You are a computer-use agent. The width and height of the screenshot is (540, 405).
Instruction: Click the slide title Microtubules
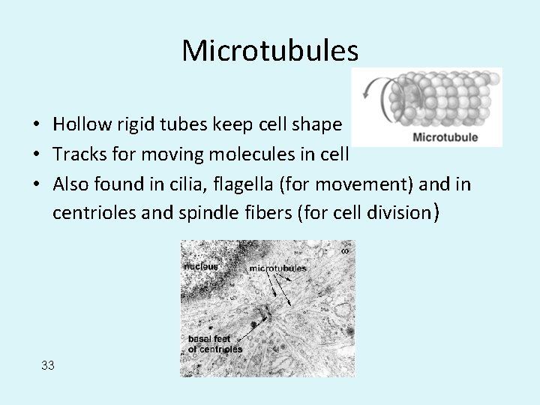270,50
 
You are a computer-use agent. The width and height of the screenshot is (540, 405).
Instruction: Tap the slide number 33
48,365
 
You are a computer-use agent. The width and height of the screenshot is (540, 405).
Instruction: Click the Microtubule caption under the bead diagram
445,137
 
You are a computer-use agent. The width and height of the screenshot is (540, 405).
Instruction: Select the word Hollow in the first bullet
79,124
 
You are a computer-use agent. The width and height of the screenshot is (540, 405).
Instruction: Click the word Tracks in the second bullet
76,154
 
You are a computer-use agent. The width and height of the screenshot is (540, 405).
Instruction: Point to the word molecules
253,154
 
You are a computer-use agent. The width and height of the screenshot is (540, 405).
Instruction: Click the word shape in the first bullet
319,124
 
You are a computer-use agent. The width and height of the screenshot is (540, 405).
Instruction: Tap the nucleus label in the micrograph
200,266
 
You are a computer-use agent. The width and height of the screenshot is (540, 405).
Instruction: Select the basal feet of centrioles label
214,343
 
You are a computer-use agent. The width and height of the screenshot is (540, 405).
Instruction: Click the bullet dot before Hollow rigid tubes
36,124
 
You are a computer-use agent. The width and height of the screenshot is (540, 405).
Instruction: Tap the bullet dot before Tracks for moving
36,155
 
